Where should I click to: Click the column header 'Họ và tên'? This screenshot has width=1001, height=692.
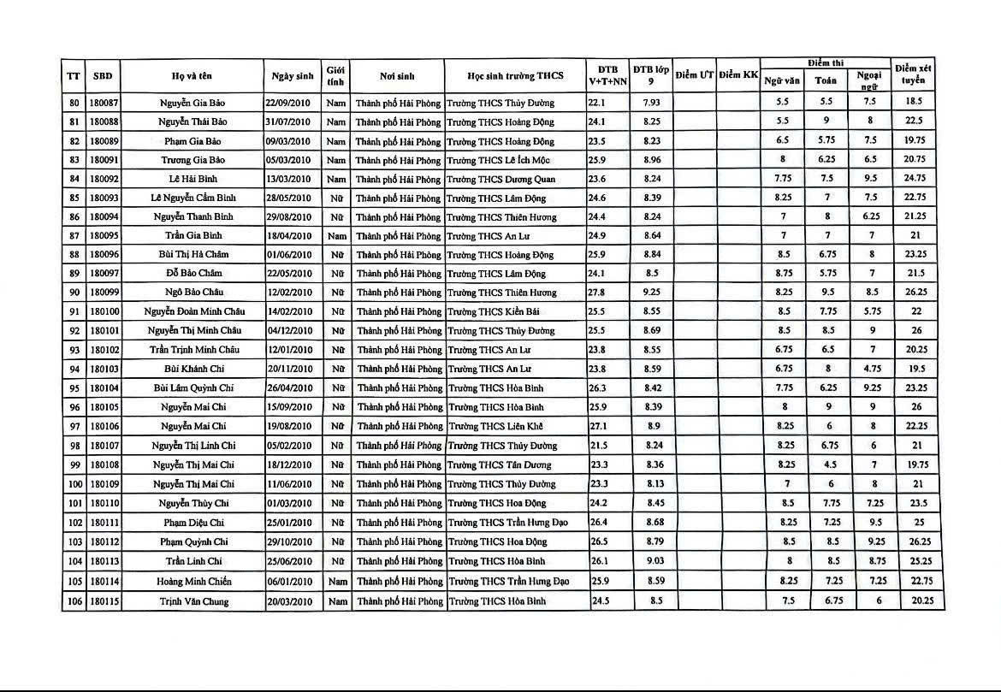tap(192, 75)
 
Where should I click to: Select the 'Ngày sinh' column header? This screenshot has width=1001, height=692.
tap(293, 75)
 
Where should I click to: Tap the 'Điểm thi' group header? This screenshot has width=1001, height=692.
tap(825, 62)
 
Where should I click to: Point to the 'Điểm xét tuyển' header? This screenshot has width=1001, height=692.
tap(913, 75)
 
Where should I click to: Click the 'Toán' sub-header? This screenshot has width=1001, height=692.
tap(826, 80)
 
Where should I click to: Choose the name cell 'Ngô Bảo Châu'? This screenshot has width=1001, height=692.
tap(192, 293)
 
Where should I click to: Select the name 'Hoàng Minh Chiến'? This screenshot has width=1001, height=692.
tap(192, 582)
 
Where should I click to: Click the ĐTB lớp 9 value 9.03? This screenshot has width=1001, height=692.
tap(652, 561)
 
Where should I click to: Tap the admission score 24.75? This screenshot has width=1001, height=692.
tap(914, 178)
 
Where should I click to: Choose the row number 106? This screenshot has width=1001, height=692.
tap(74, 601)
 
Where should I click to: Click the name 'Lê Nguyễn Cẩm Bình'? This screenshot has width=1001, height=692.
tap(192, 198)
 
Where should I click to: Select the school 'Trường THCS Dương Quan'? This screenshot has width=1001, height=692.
tap(500, 179)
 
